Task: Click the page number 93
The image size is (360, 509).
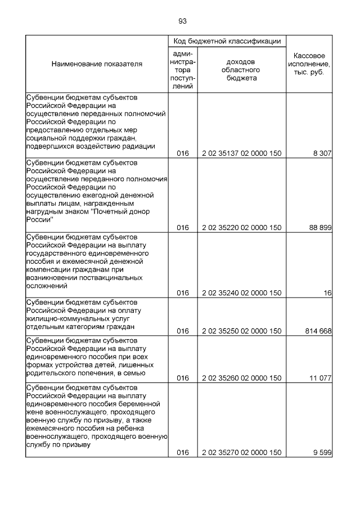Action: pyautogui.click(x=182, y=21)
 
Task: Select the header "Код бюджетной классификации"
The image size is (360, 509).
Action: pyautogui.click(x=227, y=42)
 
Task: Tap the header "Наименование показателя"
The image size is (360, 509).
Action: pyautogui.click(x=97, y=64)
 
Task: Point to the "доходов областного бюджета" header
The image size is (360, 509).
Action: pyautogui.click(x=241, y=70)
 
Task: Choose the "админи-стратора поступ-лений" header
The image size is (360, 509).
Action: pyautogui.click(x=182, y=69)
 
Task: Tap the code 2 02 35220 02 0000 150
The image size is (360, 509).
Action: pyautogui.click(x=241, y=228)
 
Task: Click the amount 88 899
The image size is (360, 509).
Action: pyautogui.click(x=319, y=228)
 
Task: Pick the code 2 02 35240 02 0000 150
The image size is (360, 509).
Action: pyautogui.click(x=241, y=293)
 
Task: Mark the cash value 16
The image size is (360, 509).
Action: pyautogui.click(x=327, y=293)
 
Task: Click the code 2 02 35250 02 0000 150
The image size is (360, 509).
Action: pyautogui.click(x=241, y=331)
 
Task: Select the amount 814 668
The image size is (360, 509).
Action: pyautogui.click(x=317, y=331)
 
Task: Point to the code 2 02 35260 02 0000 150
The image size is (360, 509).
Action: pyautogui.click(x=241, y=378)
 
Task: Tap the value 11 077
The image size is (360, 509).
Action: pyautogui.click(x=319, y=378)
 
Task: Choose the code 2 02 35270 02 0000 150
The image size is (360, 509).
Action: pyautogui.click(x=241, y=452)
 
